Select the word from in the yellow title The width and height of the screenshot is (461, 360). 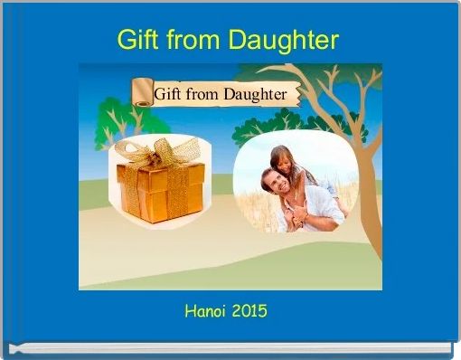click(193, 41)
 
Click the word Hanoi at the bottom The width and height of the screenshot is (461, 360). click(204, 311)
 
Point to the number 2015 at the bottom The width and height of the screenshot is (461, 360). click(249, 311)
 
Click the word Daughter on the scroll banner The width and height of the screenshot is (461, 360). click(255, 94)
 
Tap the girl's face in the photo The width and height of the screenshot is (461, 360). click(287, 163)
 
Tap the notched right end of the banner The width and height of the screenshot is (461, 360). click(295, 94)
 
